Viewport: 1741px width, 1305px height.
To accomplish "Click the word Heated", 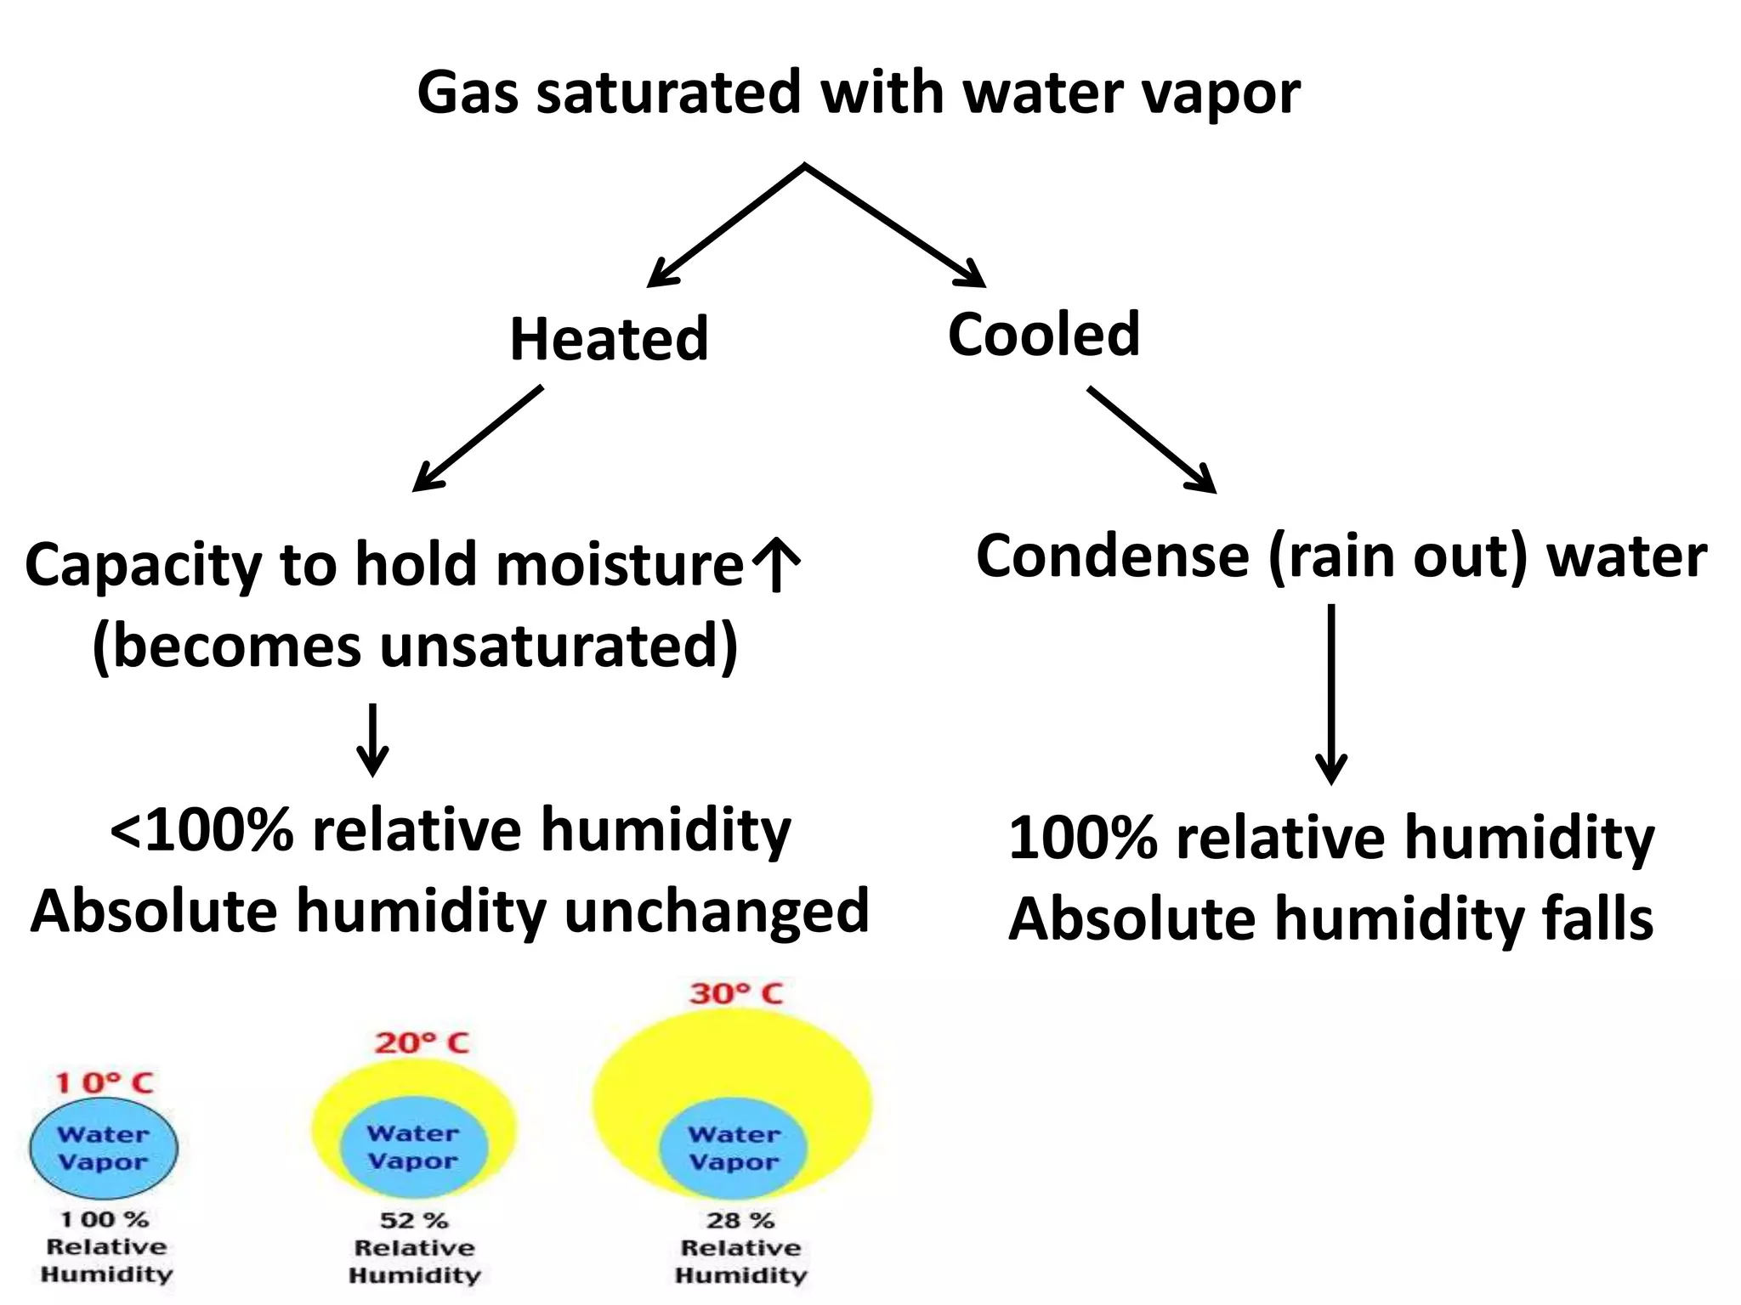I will (x=609, y=339).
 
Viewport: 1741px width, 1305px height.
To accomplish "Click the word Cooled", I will (x=1043, y=334).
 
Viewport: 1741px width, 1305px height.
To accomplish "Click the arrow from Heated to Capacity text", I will (x=477, y=439).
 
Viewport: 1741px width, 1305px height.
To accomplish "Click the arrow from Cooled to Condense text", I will (x=1152, y=440).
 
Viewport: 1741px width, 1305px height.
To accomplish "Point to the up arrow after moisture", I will (x=775, y=564).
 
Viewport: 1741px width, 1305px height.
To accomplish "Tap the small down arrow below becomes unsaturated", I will (x=372, y=739).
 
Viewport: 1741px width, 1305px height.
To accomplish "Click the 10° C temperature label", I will (x=104, y=1082).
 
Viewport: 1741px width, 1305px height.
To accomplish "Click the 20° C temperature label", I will (x=422, y=1042).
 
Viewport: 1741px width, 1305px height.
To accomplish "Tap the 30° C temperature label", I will (x=735, y=993).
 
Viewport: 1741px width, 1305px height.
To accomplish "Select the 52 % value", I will (x=414, y=1220).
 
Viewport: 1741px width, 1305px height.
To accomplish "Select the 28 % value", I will (x=740, y=1220).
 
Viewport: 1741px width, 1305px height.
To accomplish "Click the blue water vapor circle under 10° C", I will (x=104, y=1148).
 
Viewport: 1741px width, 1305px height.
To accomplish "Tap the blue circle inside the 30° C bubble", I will (x=733, y=1148).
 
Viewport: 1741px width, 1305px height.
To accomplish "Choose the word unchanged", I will (x=716, y=912).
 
